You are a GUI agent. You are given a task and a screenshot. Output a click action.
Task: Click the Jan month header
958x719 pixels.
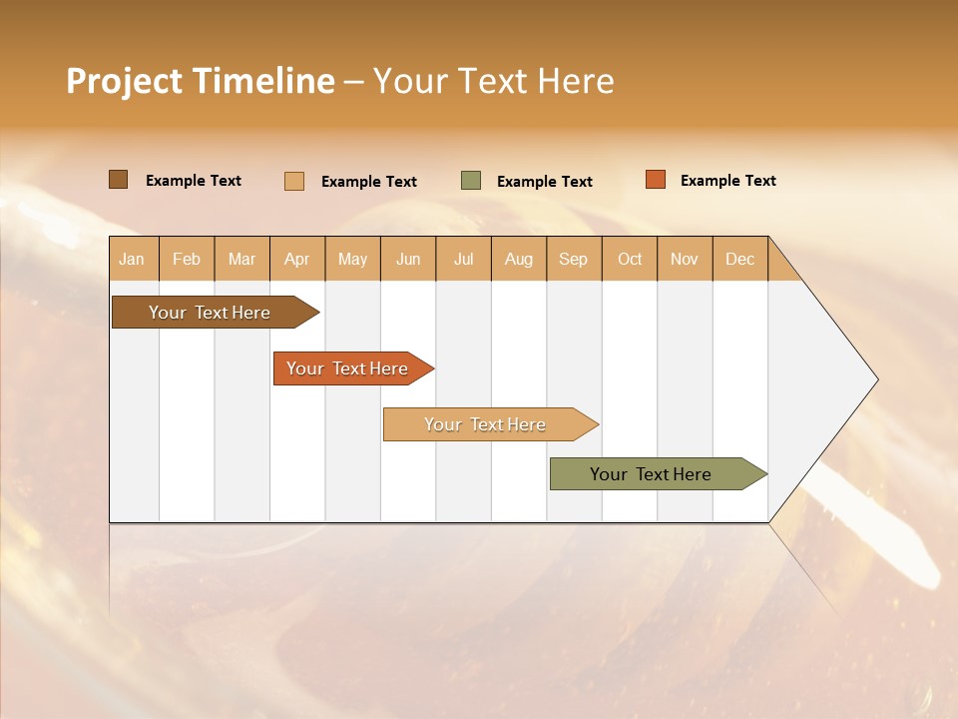pos(132,259)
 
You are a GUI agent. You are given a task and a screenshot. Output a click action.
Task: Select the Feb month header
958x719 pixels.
pos(187,259)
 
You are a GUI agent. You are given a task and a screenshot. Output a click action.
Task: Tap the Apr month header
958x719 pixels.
pos(296,259)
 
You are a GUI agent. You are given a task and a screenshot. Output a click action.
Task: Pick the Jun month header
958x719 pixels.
pos(408,259)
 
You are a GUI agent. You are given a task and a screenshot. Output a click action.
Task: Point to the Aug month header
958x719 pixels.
pos(518,259)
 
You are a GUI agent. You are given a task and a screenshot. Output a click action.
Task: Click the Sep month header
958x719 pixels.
pos(573,259)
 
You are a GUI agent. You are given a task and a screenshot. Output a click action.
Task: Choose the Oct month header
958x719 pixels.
pos(630,259)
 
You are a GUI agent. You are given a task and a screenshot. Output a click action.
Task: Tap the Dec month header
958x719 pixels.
pos(739,259)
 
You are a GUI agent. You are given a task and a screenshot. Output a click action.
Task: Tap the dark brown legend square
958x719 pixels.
pos(118,180)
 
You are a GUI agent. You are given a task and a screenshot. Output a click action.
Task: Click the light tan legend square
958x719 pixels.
pos(294,181)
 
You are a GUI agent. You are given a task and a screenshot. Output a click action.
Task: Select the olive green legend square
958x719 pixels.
pos(471,181)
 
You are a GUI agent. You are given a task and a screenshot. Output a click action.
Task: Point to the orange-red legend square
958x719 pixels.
pos(655,180)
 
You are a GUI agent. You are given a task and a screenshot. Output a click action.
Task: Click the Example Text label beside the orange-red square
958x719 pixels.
pos(727,181)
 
